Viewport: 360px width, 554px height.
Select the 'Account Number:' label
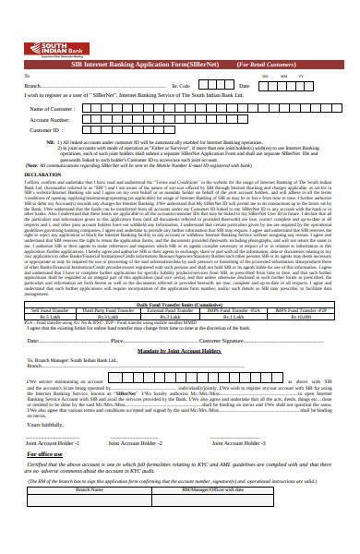tap(54, 120)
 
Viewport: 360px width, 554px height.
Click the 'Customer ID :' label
tap(49, 130)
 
